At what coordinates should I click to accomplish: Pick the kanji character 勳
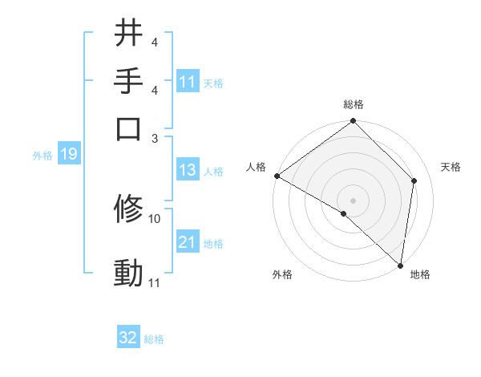point(129,272)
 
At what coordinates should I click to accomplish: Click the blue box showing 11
point(188,82)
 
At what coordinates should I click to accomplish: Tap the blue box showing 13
point(188,170)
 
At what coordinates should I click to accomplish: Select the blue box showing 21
point(188,242)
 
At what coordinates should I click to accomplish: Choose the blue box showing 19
point(68,154)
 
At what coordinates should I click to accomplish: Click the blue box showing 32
point(128,338)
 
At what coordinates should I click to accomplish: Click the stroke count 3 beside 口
point(155,137)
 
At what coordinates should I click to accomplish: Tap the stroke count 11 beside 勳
point(155,282)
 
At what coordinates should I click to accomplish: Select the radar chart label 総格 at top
point(354,104)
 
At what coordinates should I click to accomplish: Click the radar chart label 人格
point(256,167)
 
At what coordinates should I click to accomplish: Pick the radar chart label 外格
point(282,275)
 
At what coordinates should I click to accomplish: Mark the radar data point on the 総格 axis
point(354,123)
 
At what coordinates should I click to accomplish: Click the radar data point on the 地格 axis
point(400,265)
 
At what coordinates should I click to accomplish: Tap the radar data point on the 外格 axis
point(344,213)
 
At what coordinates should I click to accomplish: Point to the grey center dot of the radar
point(354,200)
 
